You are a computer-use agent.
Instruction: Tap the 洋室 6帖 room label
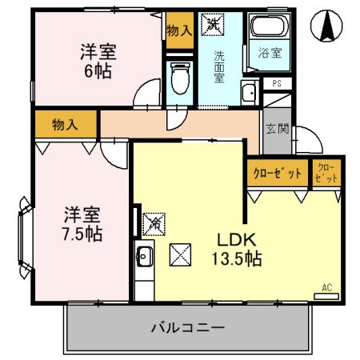point(98,61)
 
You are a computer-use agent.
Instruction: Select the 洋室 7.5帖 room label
point(82,224)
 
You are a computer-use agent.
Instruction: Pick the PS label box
point(277,83)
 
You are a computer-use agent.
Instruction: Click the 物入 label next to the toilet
point(179,31)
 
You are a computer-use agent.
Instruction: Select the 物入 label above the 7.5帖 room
point(65,124)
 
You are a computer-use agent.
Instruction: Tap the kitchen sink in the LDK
point(145,258)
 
